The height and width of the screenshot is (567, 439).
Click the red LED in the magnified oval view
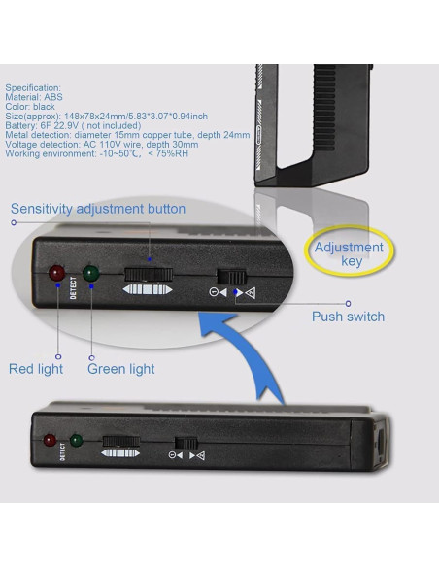(x=56, y=273)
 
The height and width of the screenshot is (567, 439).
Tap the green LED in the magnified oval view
(x=91, y=274)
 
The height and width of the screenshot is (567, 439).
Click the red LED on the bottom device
(x=50, y=440)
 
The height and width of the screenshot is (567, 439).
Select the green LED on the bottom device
(x=77, y=440)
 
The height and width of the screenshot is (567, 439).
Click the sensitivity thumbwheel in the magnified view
(x=149, y=275)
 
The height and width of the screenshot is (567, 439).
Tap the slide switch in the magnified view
(x=231, y=277)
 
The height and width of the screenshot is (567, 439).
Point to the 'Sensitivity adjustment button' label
(x=98, y=209)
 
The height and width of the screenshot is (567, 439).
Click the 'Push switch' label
(x=349, y=317)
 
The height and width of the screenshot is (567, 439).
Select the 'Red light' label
(x=36, y=369)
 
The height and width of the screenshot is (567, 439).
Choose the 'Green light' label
(x=121, y=369)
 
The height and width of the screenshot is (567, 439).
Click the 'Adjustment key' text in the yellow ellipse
(x=349, y=253)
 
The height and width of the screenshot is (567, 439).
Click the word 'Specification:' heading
(x=33, y=88)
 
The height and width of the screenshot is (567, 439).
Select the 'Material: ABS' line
(x=34, y=97)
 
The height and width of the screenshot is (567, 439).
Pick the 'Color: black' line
(x=30, y=107)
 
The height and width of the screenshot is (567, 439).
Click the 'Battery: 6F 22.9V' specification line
(x=73, y=125)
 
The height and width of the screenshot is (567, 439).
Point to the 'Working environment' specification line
(x=96, y=153)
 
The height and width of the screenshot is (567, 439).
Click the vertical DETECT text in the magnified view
(x=74, y=287)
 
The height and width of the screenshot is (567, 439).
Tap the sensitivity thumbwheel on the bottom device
(x=121, y=441)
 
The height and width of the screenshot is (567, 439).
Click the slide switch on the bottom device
(x=186, y=443)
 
